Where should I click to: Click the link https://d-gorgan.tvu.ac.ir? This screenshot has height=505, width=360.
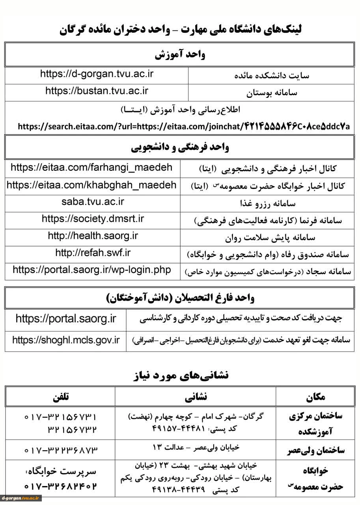pos(97,74)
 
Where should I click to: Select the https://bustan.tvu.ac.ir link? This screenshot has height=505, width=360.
pos(97,91)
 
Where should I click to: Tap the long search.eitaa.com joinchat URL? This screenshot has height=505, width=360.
pos(184,127)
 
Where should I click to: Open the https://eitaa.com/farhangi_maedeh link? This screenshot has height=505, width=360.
pos(91,168)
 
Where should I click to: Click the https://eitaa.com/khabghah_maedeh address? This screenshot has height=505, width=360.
pos(91,185)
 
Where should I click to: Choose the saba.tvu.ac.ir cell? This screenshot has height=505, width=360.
pos(93,202)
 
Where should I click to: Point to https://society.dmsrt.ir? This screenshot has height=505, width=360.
pos(93,219)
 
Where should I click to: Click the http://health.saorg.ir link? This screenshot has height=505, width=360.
pos(93,236)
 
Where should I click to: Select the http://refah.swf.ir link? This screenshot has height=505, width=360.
pos(93,253)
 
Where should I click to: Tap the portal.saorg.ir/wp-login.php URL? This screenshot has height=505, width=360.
pos(92,270)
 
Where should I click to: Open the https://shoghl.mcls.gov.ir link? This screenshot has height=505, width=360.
pos(66,340)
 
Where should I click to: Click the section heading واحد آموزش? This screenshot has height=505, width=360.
pos(179,54)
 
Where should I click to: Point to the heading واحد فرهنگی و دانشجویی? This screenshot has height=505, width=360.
pos(179,148)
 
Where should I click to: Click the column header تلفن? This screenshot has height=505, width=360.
pos(60,397)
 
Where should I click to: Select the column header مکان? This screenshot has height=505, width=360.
pos(315,397)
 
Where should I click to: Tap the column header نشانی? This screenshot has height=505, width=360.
pos(196,397)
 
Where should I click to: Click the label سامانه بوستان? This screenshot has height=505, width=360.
pos(272,93)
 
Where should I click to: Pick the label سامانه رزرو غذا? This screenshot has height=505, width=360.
pos(268,204)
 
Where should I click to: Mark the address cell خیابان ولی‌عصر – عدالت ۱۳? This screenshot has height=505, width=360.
pos(196,448)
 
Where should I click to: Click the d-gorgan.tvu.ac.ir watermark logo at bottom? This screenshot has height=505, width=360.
pos(21,498)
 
